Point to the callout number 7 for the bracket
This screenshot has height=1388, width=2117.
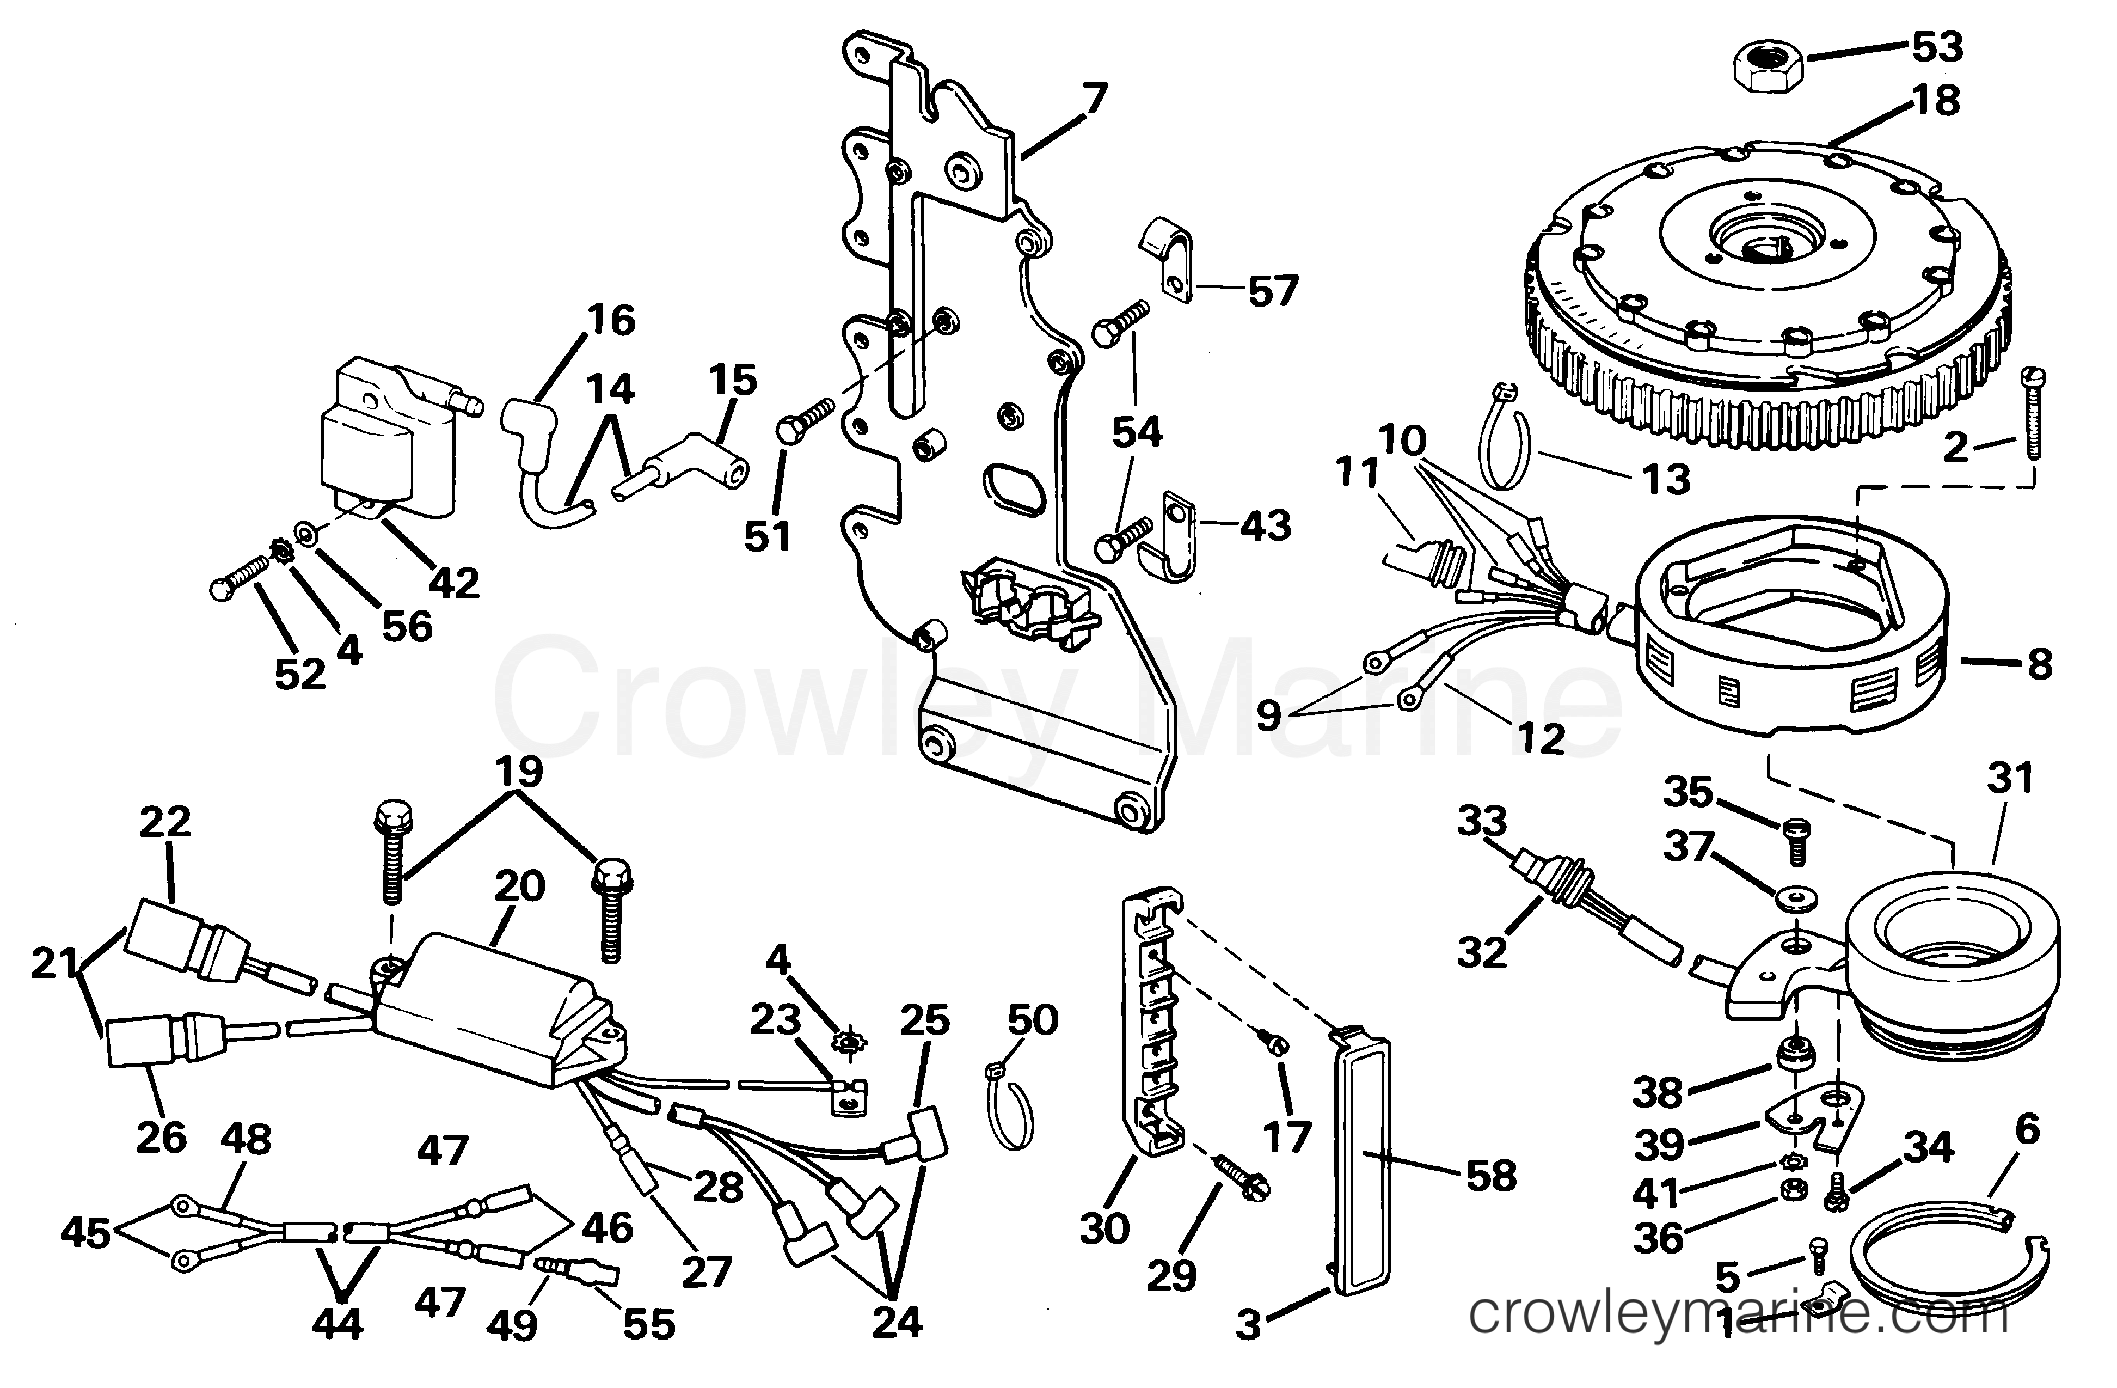pyautogui.click(x=1094, y=99)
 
